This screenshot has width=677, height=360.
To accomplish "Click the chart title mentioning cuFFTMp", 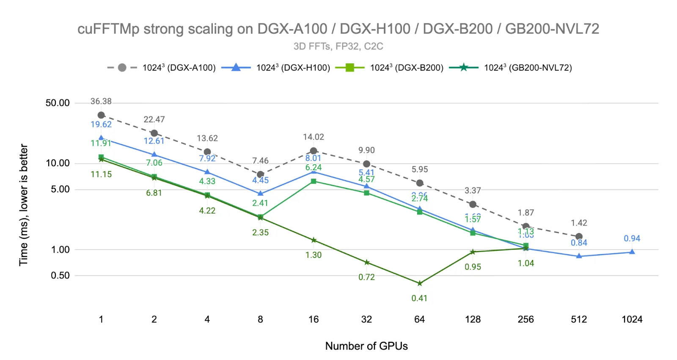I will pos(338,29).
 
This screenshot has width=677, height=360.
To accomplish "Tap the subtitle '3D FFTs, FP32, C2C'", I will pos(338,46).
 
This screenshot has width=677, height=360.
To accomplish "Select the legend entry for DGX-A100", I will pos(161,68).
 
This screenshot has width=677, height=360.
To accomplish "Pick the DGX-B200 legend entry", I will pos(389,68).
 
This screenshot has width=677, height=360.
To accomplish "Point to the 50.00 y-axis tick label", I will pos(58,103).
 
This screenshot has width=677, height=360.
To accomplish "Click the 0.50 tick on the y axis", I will pos(60,275).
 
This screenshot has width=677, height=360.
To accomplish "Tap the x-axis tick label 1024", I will pos(632,319).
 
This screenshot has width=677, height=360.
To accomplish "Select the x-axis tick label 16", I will pos(314,319).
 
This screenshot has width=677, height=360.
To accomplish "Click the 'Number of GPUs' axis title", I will pos(366,346).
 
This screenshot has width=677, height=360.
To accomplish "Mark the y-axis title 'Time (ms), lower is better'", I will pos(24,205).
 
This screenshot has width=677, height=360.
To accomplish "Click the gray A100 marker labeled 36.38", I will pos(101,115).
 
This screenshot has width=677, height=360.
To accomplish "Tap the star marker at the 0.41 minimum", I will pos(419,283).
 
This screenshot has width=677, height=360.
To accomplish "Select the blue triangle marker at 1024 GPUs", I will pos(632,252).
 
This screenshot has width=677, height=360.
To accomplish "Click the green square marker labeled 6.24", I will pos(314,181).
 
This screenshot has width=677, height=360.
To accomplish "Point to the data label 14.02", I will pos(314,137).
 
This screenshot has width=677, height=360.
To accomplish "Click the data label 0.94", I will pos(632,239).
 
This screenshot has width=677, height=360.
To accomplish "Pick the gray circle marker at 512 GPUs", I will pos(579,236).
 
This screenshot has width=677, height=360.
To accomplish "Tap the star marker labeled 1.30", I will pos(314,240).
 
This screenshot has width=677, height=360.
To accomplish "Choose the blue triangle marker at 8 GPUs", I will pos(260,193).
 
